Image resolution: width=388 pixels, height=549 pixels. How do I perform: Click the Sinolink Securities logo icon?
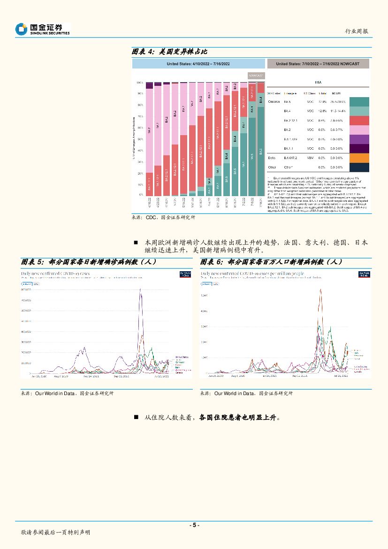click(x=21, y=29)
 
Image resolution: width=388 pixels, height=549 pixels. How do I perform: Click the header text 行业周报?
click(x=357, y=31)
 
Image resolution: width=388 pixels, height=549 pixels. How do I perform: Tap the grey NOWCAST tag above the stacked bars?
click(x=256, y=75)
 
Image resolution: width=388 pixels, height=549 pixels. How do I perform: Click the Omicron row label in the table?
click(x=274, y=101)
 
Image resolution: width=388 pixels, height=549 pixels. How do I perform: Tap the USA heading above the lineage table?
click(x=318, y=81)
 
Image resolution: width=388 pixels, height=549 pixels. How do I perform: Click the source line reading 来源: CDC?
click(x=163, y=218)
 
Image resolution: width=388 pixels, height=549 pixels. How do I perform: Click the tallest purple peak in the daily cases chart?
click(x=140, y=290)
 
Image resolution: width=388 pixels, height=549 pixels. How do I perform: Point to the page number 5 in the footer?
click(x=194, y=525)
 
